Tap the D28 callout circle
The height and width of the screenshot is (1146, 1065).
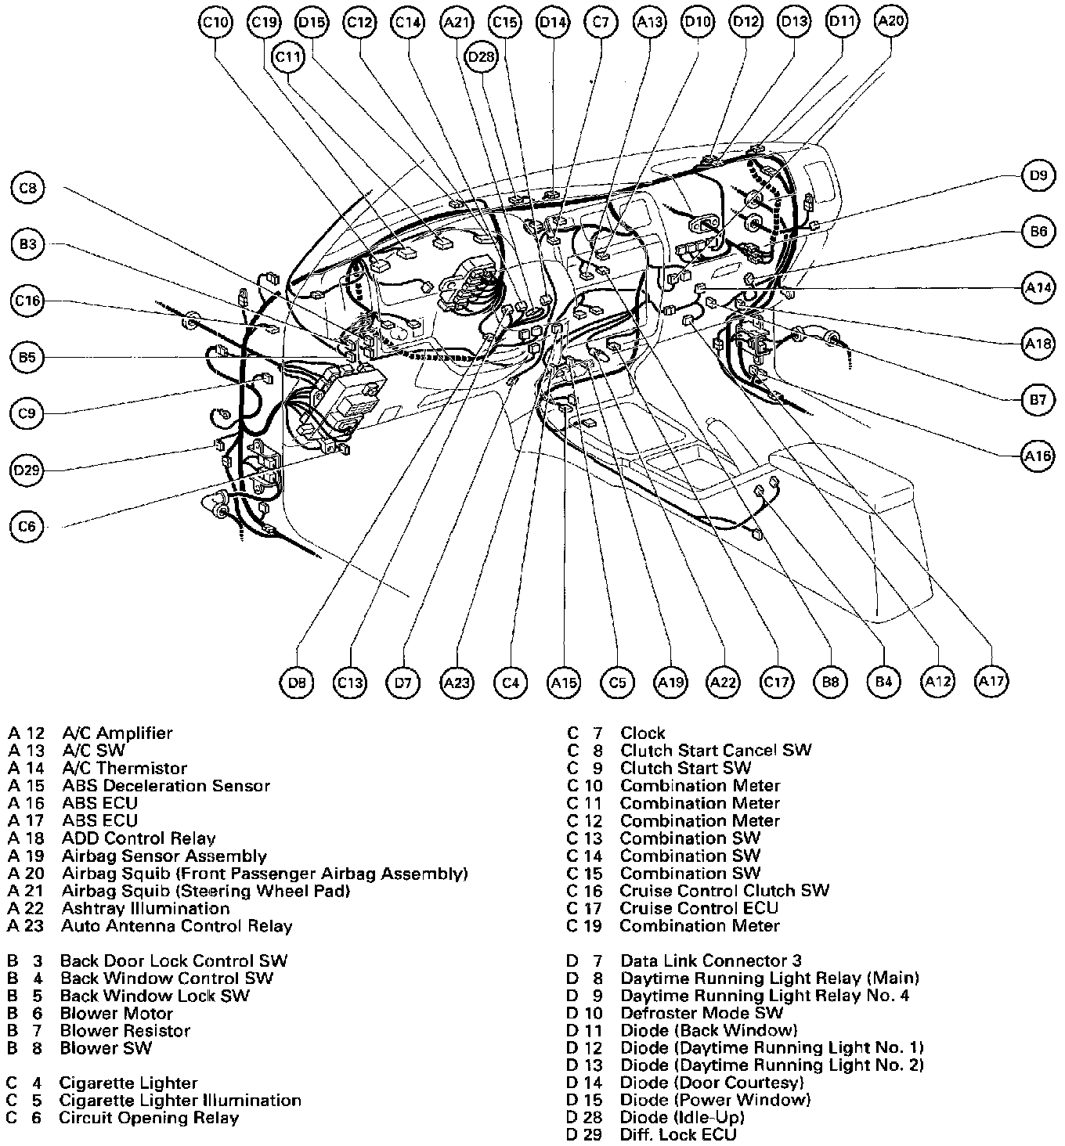click(481, 57)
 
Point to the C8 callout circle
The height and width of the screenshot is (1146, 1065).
click(28, 188)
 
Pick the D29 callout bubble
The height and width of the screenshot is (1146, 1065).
click(27, 470)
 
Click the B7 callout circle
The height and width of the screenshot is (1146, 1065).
click(1038, 400)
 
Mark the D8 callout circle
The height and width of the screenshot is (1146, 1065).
click(297, 683)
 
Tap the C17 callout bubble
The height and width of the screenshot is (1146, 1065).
click(777, 682)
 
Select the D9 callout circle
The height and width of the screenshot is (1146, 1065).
click(1038, 176)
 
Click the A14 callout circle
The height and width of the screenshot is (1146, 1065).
click(1038, 287)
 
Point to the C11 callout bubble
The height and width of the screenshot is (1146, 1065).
click(288, 57)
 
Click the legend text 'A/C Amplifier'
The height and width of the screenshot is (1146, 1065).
click(117, 733)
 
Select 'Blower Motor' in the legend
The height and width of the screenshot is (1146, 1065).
click(116, 1013)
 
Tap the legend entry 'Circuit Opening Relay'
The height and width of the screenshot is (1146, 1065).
click(148, 1118)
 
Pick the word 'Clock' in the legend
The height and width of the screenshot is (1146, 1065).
click(642, 733)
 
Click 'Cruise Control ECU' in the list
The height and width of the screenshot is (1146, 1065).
click(699, 908)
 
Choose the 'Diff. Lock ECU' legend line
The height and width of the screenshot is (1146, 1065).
click(678, 1135)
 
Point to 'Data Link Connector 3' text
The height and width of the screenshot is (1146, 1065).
click(710, 960)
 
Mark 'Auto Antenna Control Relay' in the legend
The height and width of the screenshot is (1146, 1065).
click(176, 926)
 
